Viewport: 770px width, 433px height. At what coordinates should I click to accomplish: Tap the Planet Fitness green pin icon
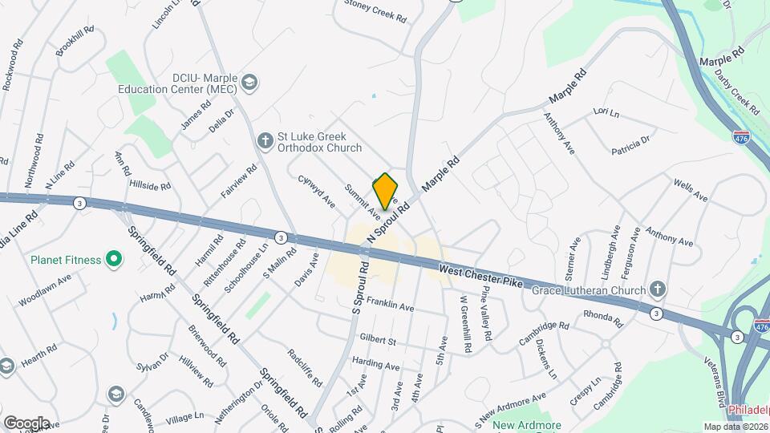113,259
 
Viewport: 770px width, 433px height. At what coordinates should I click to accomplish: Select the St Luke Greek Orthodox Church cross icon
265,142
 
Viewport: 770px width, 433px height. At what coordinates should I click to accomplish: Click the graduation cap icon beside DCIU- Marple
249,81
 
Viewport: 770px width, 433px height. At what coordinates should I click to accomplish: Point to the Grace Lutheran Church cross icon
658,289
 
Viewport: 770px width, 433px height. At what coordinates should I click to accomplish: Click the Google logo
26,423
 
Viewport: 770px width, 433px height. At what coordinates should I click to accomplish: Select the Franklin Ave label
391,306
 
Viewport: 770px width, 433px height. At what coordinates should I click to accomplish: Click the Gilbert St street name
379,341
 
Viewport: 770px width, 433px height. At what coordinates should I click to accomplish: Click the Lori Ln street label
606,112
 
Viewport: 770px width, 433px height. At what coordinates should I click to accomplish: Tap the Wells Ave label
691,189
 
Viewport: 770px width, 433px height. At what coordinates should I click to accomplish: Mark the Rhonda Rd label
603,319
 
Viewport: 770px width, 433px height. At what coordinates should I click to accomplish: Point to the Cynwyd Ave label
316,192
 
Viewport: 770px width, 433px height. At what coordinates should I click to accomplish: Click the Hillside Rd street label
150,185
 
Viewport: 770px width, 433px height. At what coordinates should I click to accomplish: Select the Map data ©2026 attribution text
736,427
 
